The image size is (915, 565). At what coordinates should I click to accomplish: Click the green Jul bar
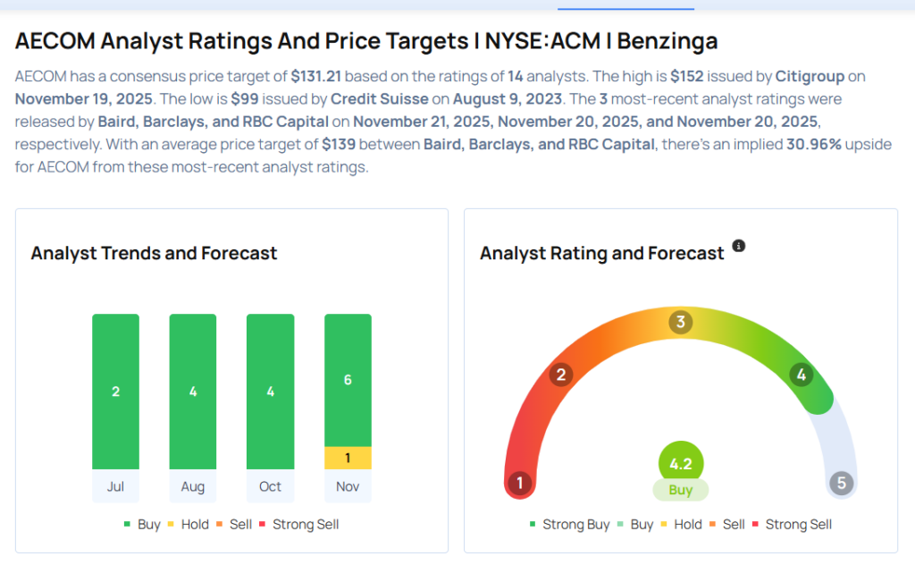115,392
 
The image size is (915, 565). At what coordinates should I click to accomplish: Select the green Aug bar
193,392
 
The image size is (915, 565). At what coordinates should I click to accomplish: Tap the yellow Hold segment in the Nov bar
348,458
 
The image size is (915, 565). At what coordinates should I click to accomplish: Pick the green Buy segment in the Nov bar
348,380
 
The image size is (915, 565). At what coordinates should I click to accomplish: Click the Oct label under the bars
270,486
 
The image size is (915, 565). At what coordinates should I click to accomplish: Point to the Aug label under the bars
193,486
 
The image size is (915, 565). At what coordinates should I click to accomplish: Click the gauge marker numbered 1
519,485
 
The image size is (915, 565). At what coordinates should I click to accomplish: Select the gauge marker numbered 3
680,322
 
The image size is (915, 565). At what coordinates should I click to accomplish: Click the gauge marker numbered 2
561,375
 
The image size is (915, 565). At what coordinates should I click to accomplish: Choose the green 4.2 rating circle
681,465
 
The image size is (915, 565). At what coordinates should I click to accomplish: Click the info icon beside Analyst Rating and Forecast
739,246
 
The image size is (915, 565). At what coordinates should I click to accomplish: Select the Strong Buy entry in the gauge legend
569,525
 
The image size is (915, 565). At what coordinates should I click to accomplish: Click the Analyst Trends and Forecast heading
154,253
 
